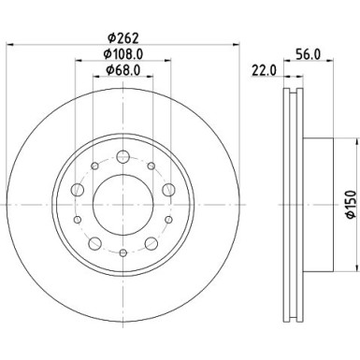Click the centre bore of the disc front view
[122, 199]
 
